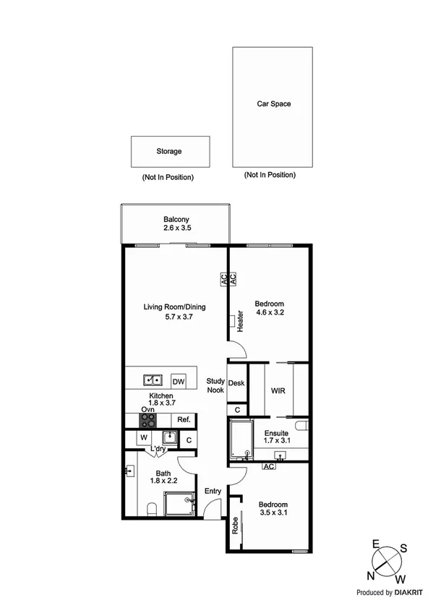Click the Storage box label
click(169, 152)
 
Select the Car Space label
click(274, 104)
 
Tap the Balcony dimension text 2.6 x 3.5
click(176, 228)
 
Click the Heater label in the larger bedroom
click(238, 322)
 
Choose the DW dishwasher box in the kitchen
click(178, 380)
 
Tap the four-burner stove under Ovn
click(147, 421)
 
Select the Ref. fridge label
click(184, 420)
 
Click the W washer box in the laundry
click(144, 438)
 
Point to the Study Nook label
click(215, 385)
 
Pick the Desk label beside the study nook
click(236, 384)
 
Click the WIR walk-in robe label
click(278, 390)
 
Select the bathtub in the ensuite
click(239, 440)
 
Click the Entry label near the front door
click(213, 492)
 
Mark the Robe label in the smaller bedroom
click(236, 526)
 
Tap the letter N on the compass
click(372, 575)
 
